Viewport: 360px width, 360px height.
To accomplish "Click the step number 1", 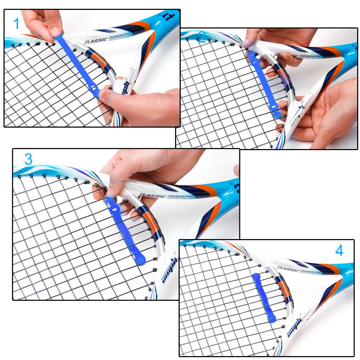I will (x=17, y=24).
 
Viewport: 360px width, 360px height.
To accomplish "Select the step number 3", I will (x=28, y=159).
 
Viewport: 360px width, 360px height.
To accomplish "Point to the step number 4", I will (x=339, y=251).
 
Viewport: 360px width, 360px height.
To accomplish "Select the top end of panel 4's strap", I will (x=255, y=276).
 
